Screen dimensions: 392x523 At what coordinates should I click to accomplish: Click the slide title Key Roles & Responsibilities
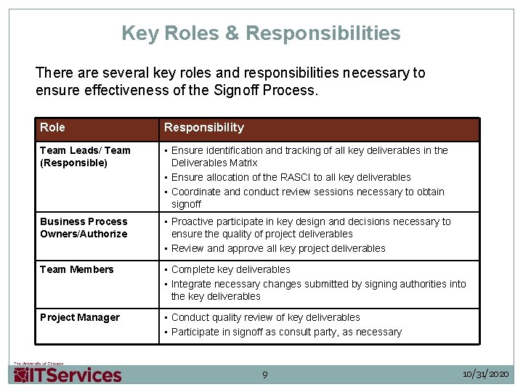tap(261, 33)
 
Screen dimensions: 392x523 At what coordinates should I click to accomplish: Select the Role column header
tap(52, 128)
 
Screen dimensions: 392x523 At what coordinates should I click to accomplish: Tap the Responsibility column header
tap(204, 128)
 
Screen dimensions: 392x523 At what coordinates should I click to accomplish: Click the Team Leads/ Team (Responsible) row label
tap(85, 156)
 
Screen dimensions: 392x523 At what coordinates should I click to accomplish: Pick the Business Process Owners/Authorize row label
tap(84, 227)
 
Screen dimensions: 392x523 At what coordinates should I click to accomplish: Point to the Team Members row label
tap(77, 269)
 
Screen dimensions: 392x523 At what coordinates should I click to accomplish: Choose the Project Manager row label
tap(80, 317)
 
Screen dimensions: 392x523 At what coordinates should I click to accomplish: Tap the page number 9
tap(264, 375)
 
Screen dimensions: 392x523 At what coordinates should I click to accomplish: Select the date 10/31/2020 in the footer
tap(486, 374)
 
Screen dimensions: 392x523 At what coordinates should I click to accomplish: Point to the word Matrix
tap(243, 163)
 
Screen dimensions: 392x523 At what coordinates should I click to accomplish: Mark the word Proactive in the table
tap(194, 221)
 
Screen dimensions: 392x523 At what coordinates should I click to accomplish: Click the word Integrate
tap(192, 284)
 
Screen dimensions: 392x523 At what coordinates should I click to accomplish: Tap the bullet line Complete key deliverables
tap(230, 269)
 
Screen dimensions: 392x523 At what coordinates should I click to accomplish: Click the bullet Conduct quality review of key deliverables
tap(265, 317)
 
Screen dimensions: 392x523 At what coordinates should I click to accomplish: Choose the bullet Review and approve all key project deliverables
tap(278, 248)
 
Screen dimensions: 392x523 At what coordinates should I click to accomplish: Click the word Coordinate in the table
tap(196, 192)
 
